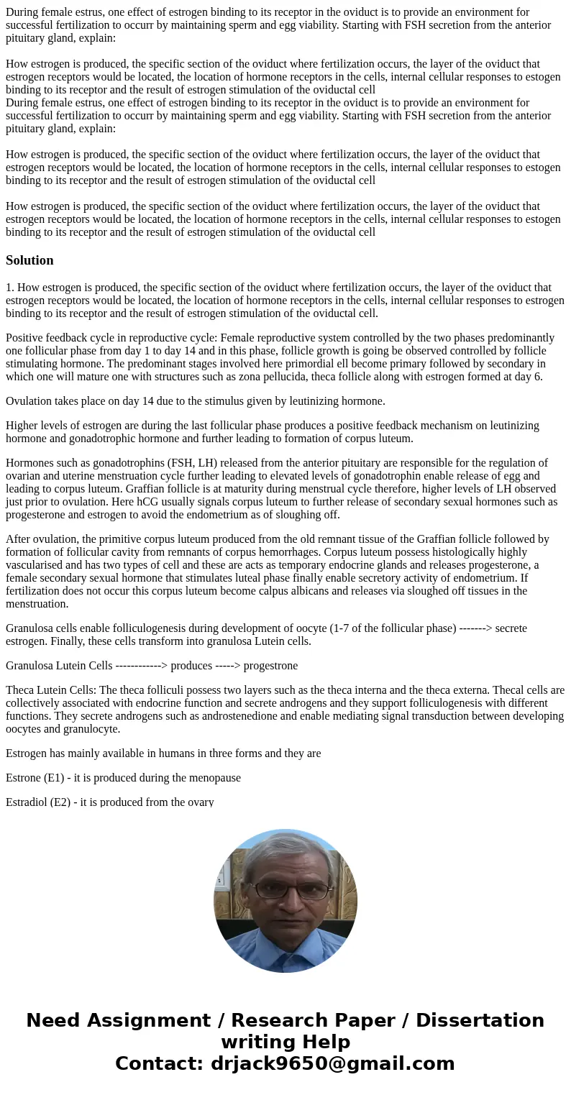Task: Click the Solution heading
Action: (x=29, y=260)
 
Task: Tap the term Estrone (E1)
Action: (x=35, y=777)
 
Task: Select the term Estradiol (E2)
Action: (x=39, y=802)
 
